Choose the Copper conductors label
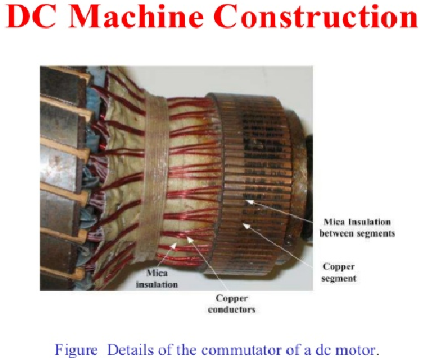click(232, 304)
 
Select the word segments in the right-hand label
click(376, 233)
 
